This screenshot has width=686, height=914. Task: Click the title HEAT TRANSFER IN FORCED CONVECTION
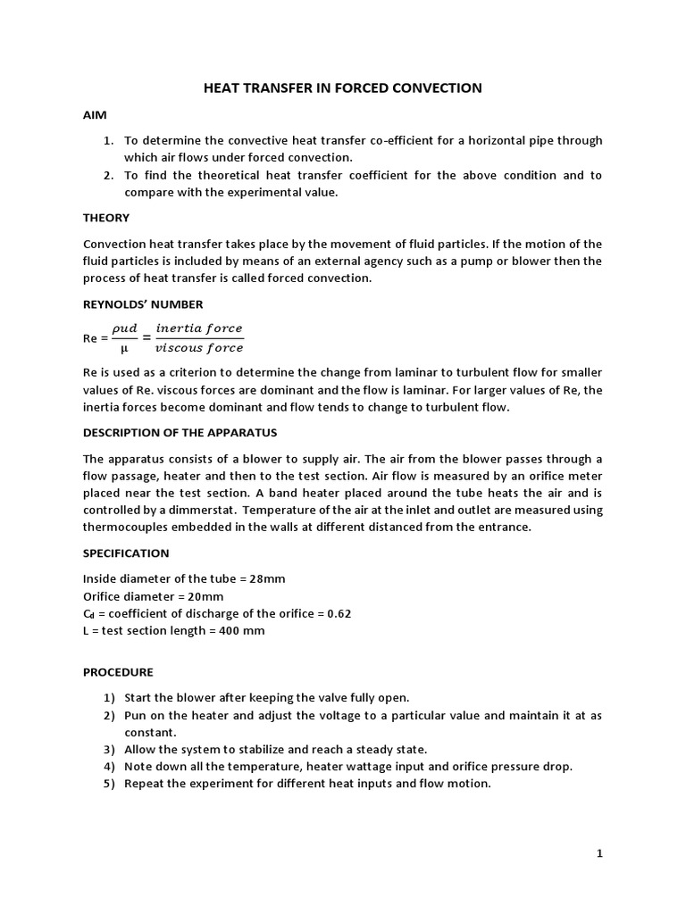point(343,87)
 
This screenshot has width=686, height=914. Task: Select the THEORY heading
point(106,218)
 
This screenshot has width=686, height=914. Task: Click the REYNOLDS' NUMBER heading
point(143,304)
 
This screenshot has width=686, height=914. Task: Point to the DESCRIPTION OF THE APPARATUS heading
point(180,433)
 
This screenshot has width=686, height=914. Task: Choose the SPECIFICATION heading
point(126,553)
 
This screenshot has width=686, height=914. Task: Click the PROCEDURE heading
point(118,672)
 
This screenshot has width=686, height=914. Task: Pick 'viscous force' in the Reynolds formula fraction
point(198,348)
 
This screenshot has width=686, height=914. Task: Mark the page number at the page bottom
point(599,853)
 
